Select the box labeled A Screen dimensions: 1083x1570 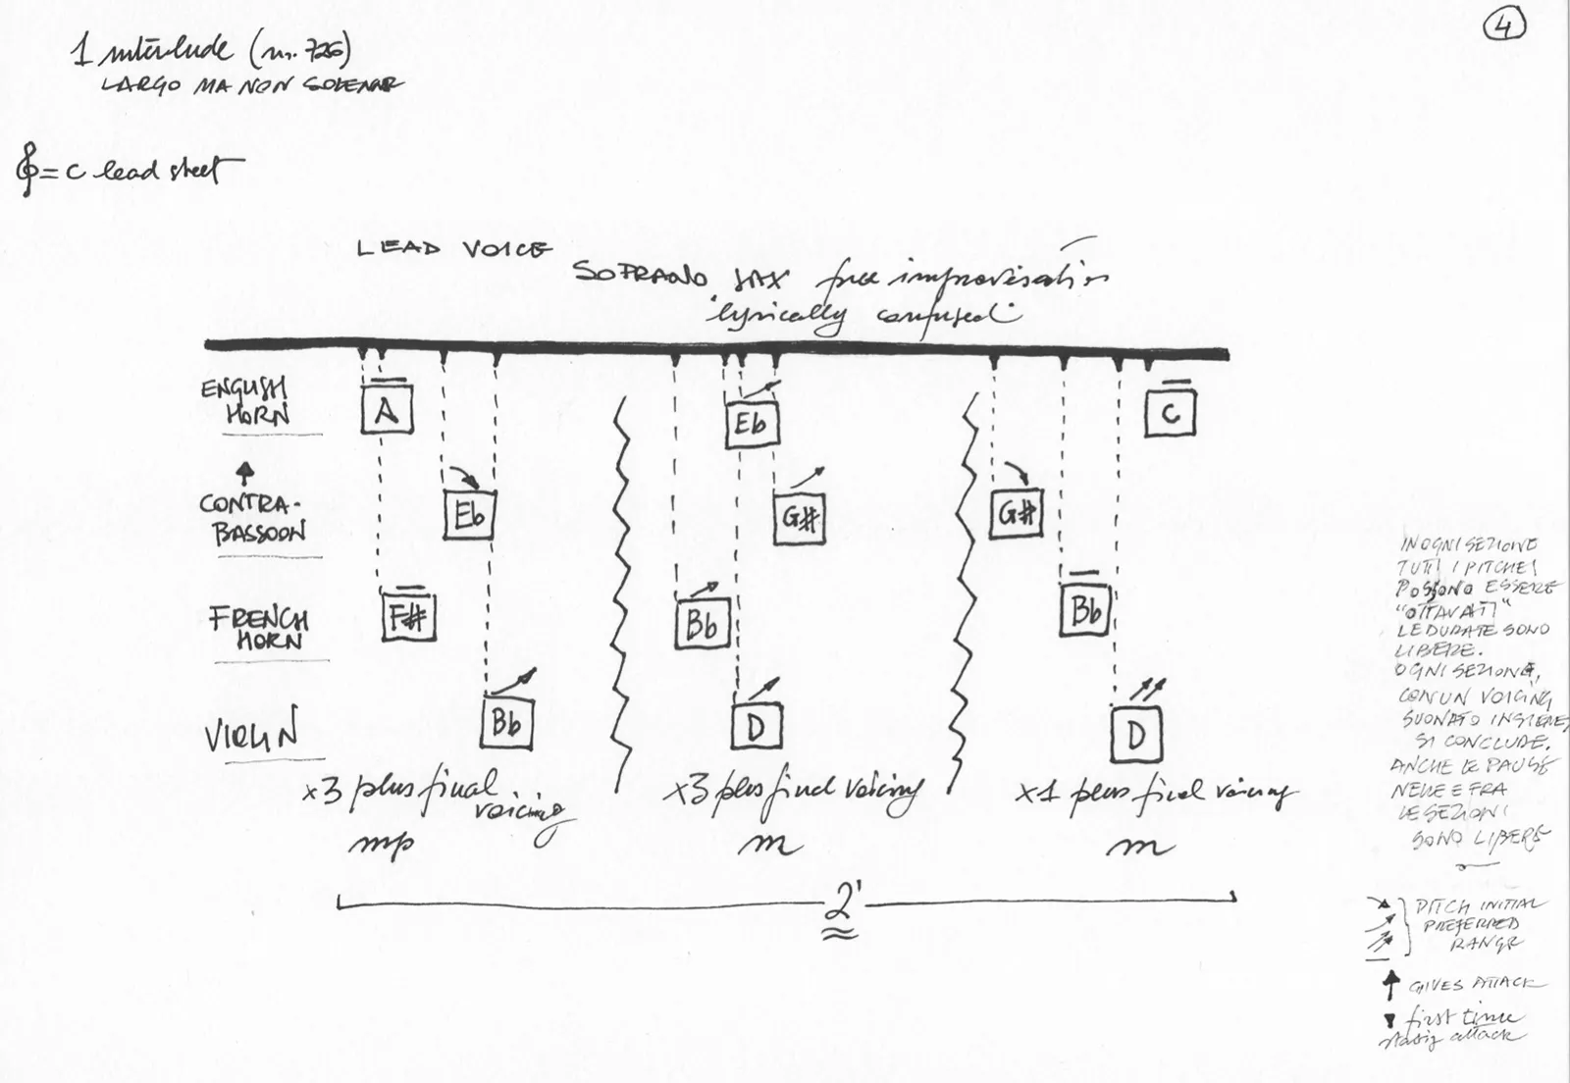pyautogui.click(x=386, y=408)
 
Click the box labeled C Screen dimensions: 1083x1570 pyautogui.click(x=1170, y=412)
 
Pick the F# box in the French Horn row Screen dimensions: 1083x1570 pyautogui.click(x=407, y=616)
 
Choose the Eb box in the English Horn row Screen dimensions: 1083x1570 pyautogui.click(x=752, y=424)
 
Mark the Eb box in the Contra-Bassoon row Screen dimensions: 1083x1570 pyautogui.click(x=469, y=514)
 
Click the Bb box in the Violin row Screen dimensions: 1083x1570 pyautogui.click(x=506, y=722)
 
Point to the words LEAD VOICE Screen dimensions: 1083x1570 pyautogui.click(x=454, y=249)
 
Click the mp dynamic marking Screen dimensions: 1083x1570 pyautogui.click(x=382, y=844)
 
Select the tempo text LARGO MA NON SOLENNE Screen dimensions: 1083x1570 pyautogui.click(x=250, y=85)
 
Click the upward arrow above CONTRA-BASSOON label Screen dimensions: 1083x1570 pyautogui.click(x=246, y=474)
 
